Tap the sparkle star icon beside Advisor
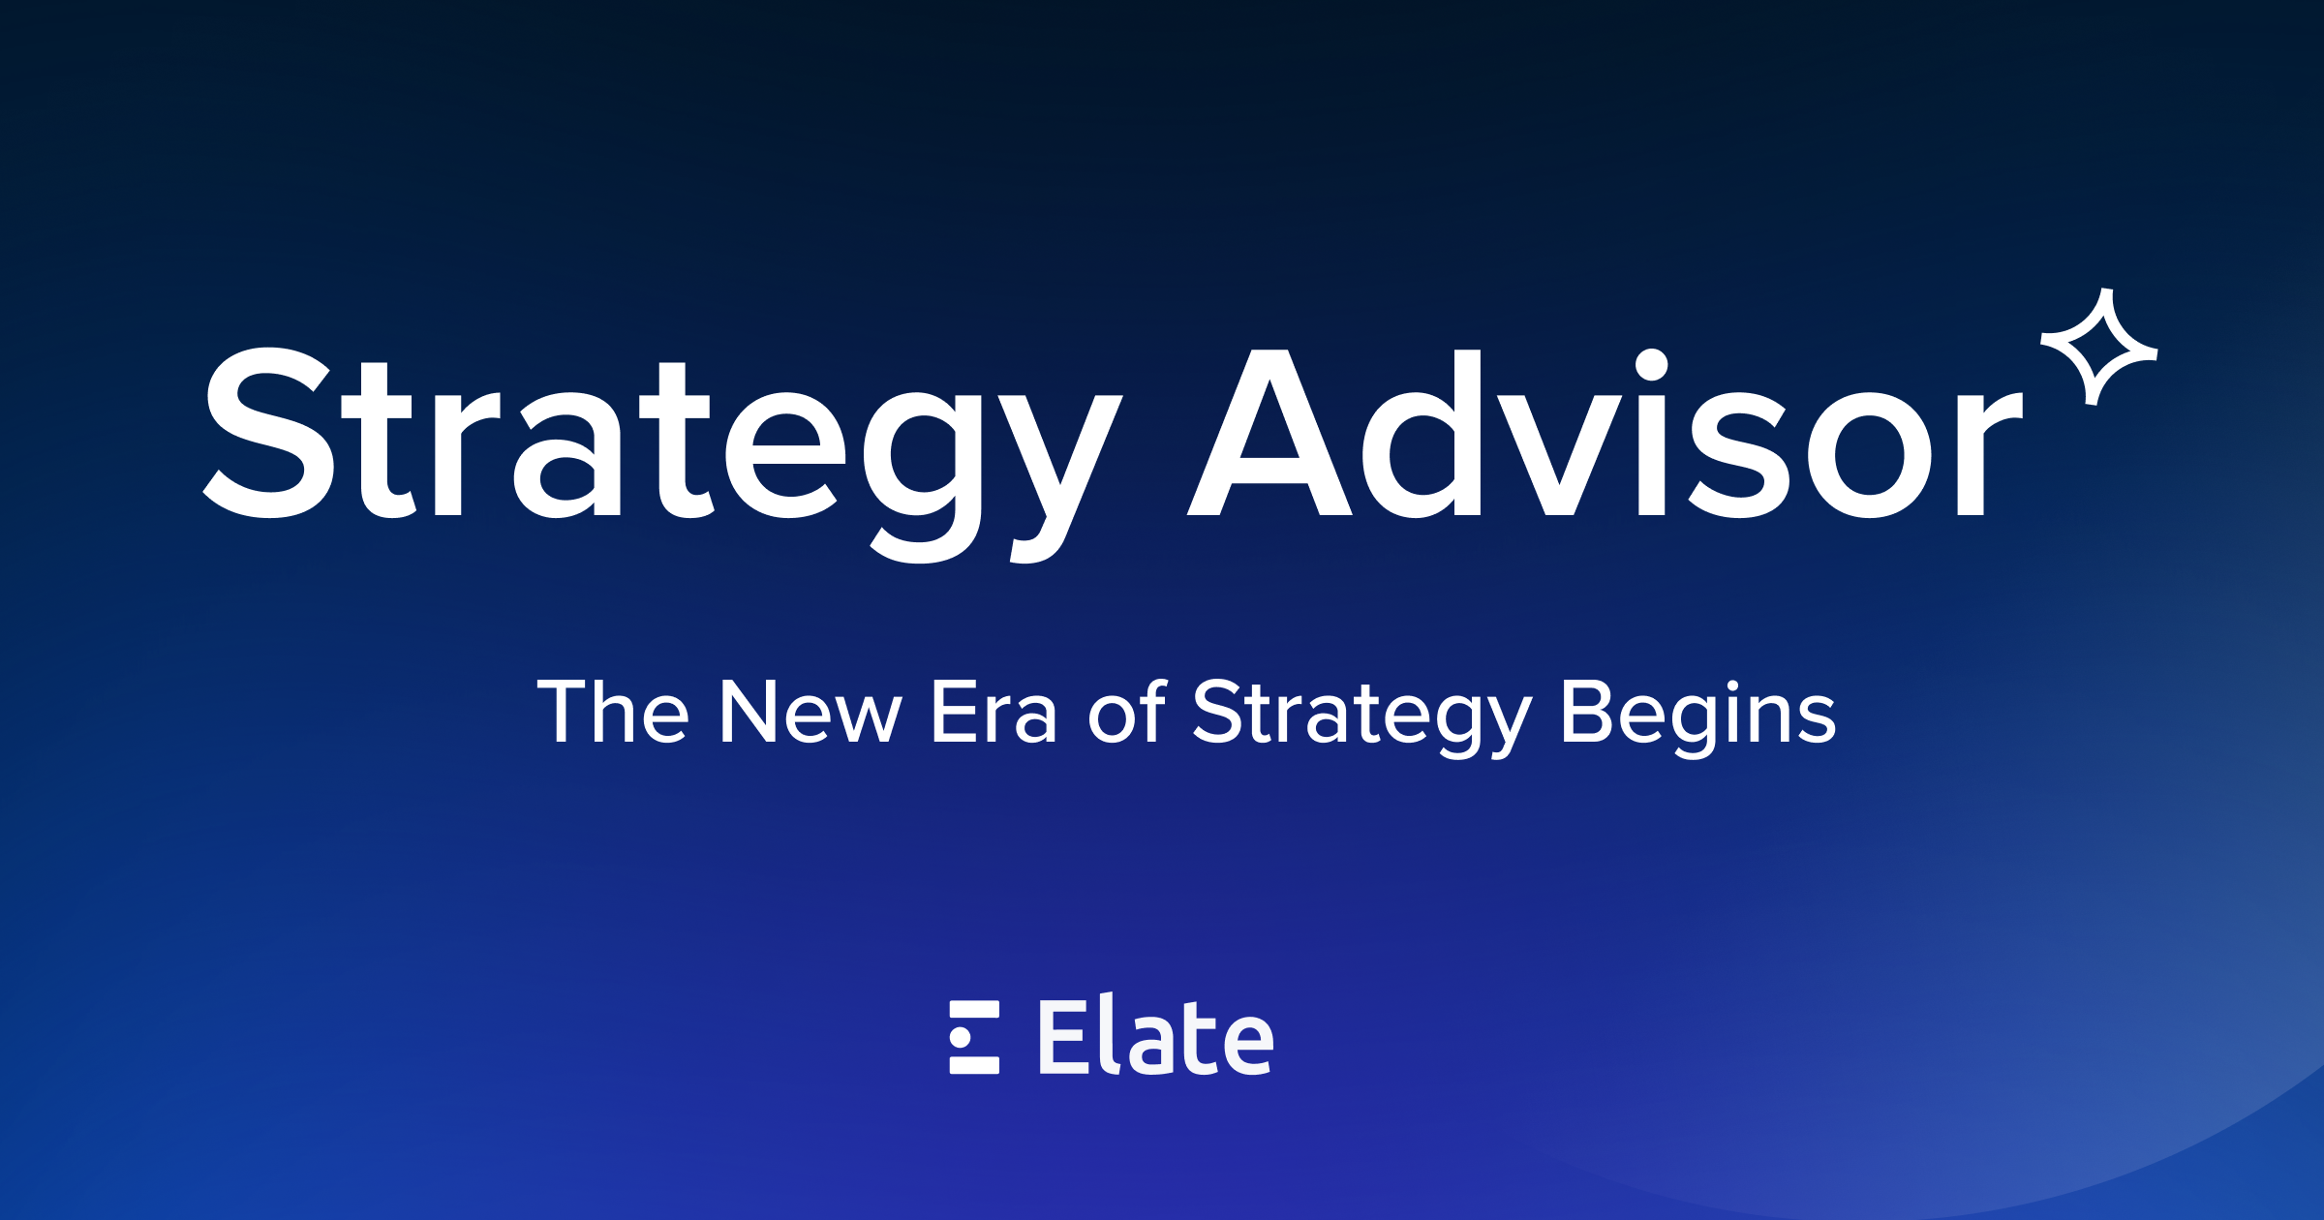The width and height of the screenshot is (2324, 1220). (x=2098, y=347)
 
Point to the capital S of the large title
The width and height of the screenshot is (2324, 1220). (x=269, y=433)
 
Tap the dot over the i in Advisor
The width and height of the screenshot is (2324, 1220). (x=1651, y=365)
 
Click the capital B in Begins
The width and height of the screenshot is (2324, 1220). (x=1586, y=712)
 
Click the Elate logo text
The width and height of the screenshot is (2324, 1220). (x=1156, y=1038)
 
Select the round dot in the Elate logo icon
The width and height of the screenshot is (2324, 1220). (x=961, y=1038)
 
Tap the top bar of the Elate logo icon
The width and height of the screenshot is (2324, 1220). (x=974, y=1010)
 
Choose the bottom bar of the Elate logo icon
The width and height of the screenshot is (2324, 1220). (x=974, y=1066)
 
